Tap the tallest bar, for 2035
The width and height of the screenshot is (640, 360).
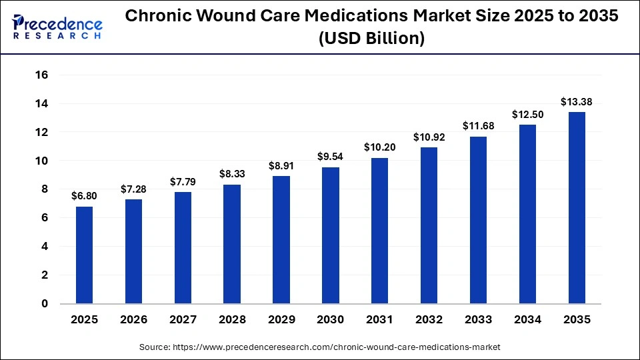tap(577, 207)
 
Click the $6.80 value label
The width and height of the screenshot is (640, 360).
tap(84, 197)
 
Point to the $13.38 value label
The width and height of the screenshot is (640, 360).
tap(577, 102)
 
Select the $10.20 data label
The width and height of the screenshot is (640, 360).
tap(379, 147)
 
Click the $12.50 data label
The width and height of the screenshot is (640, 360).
tap(527, 115)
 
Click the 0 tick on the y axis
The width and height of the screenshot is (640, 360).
tap(45, 303)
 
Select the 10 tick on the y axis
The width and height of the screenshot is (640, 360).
tap(41, 161)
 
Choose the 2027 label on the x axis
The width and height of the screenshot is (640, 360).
tap(183, 320)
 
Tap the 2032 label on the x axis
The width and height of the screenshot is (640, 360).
tap(429, 320)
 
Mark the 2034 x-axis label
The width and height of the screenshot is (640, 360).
tap(527, 320)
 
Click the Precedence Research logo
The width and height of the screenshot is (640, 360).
tap(57, 27)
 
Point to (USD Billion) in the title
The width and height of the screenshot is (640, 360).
tap(371, 39)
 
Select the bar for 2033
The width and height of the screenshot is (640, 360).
tap(478, 219)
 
